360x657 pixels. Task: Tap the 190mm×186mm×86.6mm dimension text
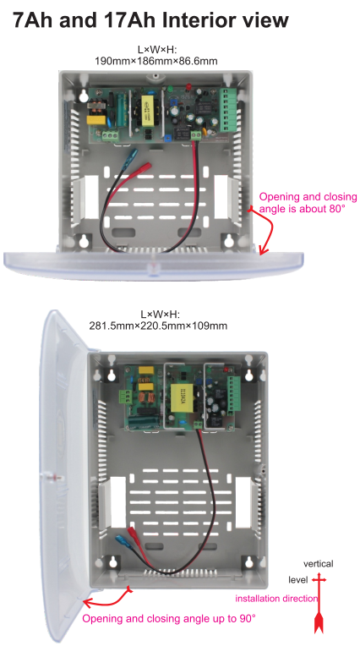click(x=156, y=61)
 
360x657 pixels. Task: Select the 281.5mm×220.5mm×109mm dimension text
click(x=158, y=326)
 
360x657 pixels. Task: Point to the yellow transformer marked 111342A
click(x=181, y=397)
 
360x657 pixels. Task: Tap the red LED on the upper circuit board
click(x=188, y=87)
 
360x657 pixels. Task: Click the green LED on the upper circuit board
click(x=171, y=89)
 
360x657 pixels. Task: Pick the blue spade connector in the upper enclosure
click(x=132, y=156)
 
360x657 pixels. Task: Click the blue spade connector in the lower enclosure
click(x=123, y=540)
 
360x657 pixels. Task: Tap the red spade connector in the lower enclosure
click(x=135, y=535)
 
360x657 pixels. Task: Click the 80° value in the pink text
click(x=337, y=208)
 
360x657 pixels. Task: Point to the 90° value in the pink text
click(x=247, y=618)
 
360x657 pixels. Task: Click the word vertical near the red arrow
click(x=318, y=563)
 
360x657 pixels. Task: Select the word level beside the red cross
click(x=298, y=580)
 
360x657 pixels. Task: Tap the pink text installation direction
click(x=276, y=599)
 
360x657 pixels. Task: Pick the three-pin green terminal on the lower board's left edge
click(x=124, y=397)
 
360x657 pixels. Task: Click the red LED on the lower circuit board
click(x=226, y=371)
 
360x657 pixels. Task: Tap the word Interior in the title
click(x=205, y=19)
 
